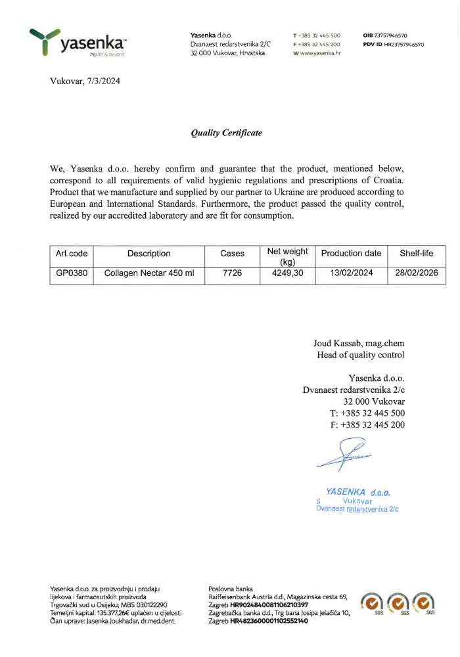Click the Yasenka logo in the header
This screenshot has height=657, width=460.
pyautogui.click(x=78, y=43)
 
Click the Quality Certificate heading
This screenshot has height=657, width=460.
pyautogui.click(x=226, y=133)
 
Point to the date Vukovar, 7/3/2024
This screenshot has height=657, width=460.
pyautogui.click(x=85, y=82)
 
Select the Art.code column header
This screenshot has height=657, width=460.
pyautogui.click(x=72, y=254)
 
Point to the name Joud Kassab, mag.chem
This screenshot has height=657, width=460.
pyautogui.click(x=359, y=344)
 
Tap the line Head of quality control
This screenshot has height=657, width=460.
pyautogui.click(x=360, y=355)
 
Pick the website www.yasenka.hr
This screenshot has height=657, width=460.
pyautogui.click(x=320, y=53)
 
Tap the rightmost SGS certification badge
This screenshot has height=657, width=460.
pyautogui.click(x=423, y=601)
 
